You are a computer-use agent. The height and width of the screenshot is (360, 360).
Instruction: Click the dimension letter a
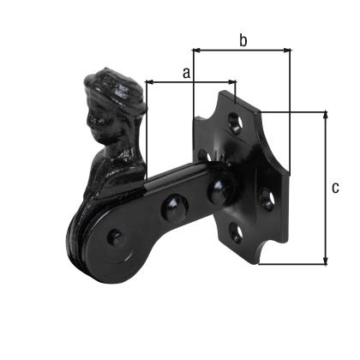186,74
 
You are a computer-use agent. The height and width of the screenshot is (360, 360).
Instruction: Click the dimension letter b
243,40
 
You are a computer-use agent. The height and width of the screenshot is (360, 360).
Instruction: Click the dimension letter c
335,186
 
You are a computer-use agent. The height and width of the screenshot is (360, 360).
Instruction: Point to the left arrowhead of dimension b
195,50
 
